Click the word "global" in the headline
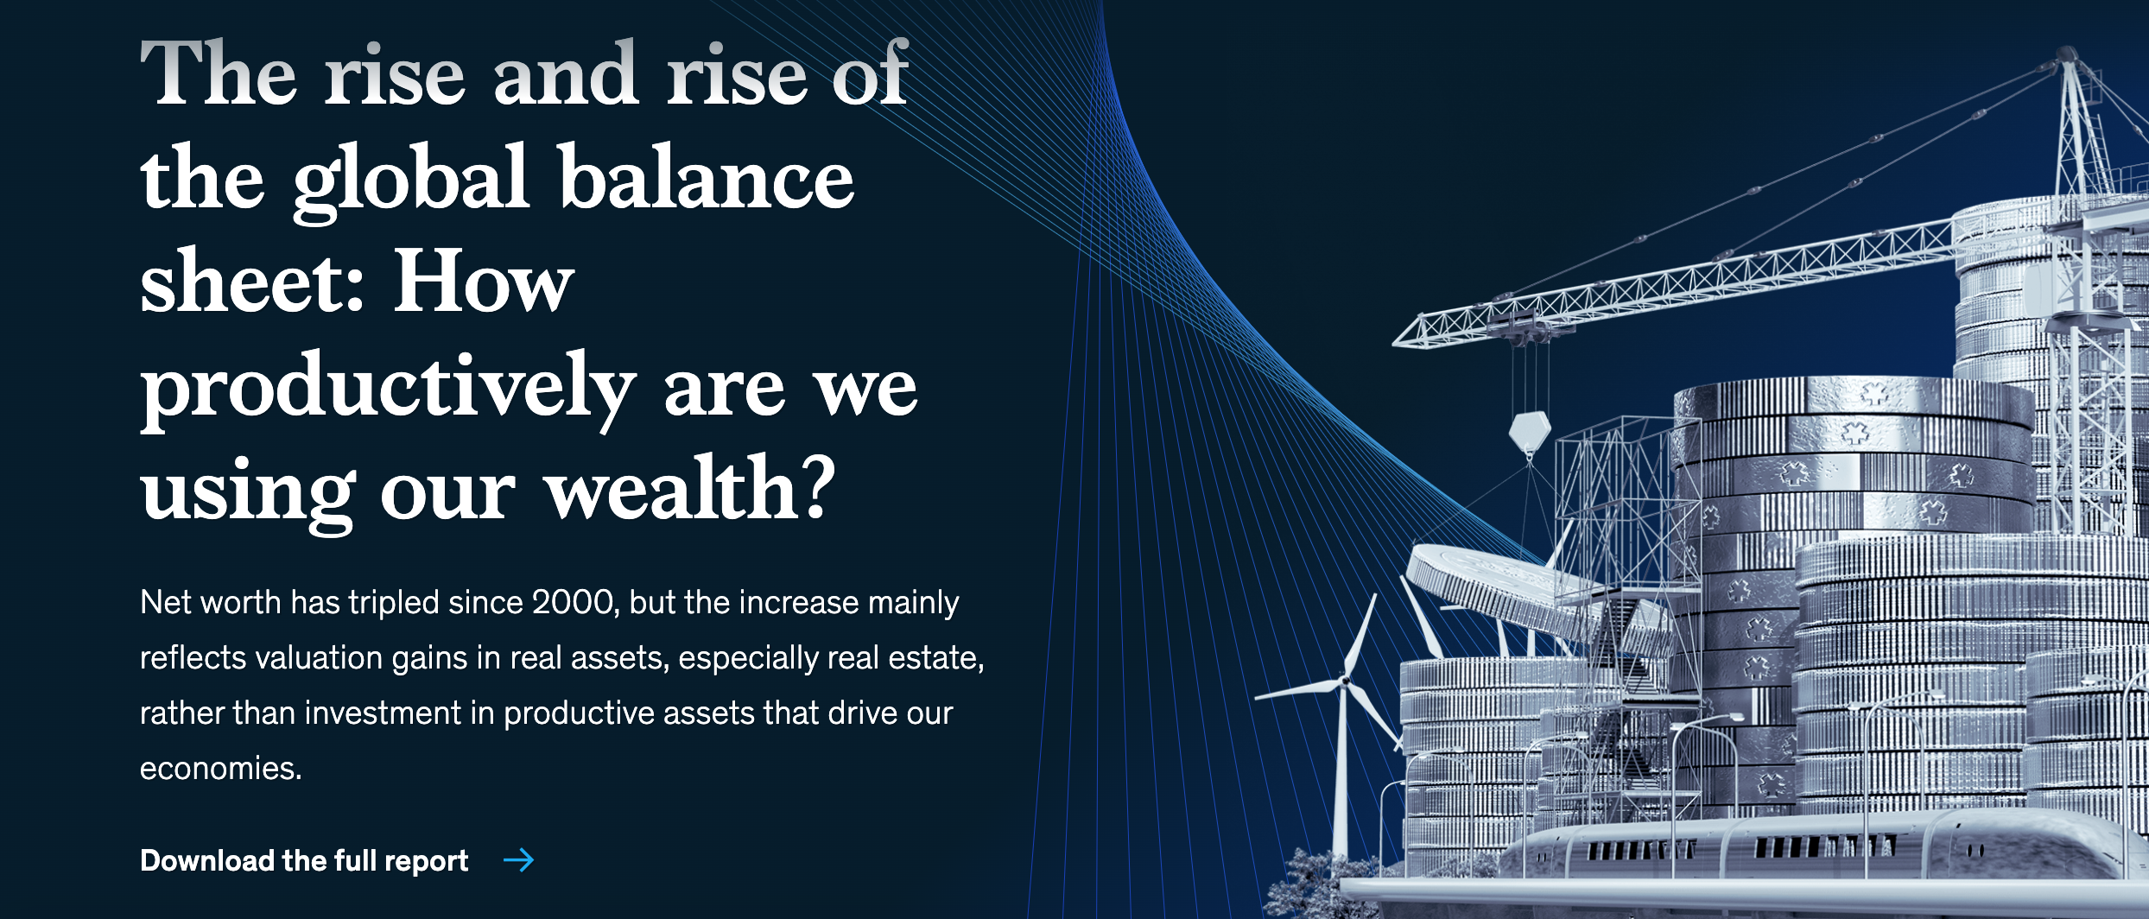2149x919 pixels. pyautogui.click(x=411, y=181)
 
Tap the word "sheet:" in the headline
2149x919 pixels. pyautogui.click(x=252, y=282)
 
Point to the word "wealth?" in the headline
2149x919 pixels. pyautogui.click(x=690, y=489)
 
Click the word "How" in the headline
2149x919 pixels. pyautogui.click(x=484, y=282)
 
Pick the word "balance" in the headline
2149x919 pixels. pyautogui.click(x=707, y=178)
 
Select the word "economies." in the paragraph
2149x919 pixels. pyautogui.click(x=221, y=768)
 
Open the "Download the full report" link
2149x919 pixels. pyautogui.click(x=304, y=860)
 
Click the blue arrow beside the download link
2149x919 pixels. pyautogui.click(x=519, y=860)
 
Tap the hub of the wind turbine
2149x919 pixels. pyautogui.click(x=1344, y=681)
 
